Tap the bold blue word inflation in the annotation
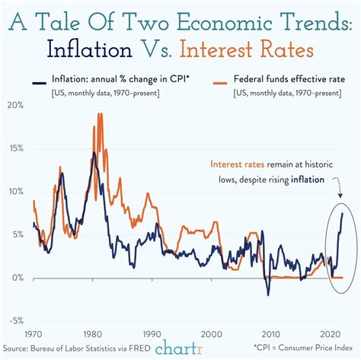306,180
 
